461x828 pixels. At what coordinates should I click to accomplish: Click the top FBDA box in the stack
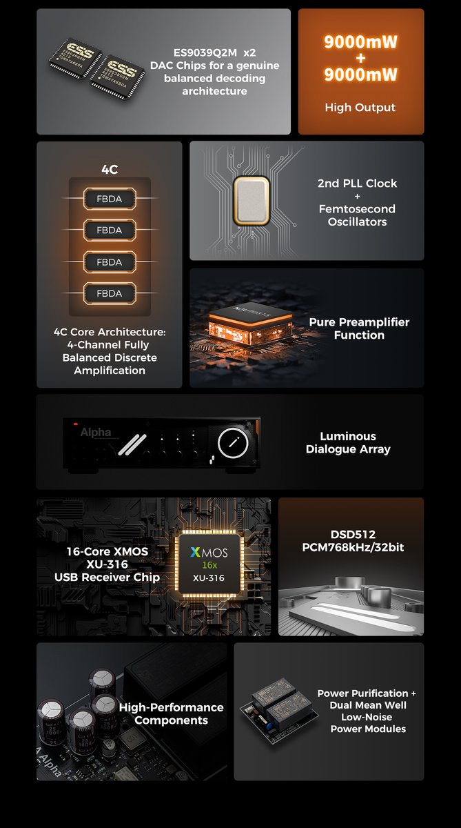pyautogui.click(x=110, y=199)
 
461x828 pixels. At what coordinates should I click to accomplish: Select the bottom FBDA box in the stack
pyautogui.click(x=110, y=293)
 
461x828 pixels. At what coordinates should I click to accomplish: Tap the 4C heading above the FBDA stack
pyautogui.click(x=110, y=169)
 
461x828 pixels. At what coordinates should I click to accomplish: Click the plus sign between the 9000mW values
pyautogui.click(x=360, y=58)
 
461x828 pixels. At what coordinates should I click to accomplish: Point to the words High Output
pyautogui.click(x=360, y=107)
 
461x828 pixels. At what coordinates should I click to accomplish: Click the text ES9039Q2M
pyautogui.click(x=205, y=52)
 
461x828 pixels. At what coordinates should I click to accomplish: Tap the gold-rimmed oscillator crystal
pyautogui.click(x=251, y=201)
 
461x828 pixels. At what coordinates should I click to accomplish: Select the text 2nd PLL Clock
pyautogui.click(x=357, y=184)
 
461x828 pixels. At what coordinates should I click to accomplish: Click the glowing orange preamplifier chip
pyautogui.click(x=250, y=324)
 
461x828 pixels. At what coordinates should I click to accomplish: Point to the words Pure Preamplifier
pyautogui.click(x=359, y=322)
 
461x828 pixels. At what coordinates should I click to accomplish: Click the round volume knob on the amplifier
pyautogui.click(x=233, y=442)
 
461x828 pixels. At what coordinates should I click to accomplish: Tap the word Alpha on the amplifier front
pyautogui.click(x=96, y=432)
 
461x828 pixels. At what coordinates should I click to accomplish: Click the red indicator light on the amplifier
pyautogui.click(x=76, y=424)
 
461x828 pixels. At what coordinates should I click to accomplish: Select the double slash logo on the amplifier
pyautogui.click(x=132, y=444)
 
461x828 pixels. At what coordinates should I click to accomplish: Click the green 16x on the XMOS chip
pyautogui.click(x=209, y=565)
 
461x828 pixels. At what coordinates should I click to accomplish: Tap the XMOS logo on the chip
pyautogui.click(x=209, y=552)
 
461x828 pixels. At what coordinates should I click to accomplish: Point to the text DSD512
pyautogui.click(x=353, y=534)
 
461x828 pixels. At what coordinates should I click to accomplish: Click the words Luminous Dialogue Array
pyautogui.click(x=348, y=442)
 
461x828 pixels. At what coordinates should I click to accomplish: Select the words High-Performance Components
pyautogui.click(x=172, y=713)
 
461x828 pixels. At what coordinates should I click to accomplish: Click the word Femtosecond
pyautogui.click(x=357, y=209)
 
